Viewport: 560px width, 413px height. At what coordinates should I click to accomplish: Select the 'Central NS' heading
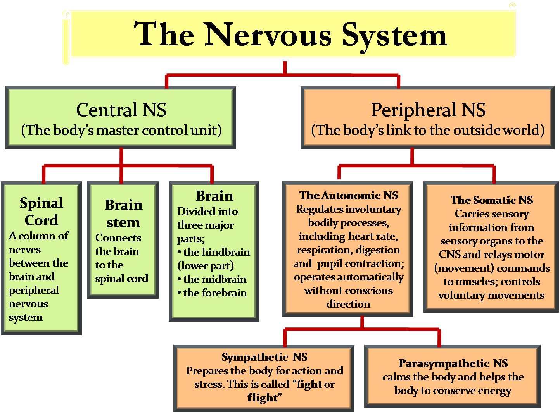pos(121,110)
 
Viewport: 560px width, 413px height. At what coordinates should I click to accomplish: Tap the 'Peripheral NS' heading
pos(428,110)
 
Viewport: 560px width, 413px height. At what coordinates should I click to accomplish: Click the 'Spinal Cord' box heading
pos(41,212)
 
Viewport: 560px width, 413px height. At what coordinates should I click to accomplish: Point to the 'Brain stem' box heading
pos(123,213)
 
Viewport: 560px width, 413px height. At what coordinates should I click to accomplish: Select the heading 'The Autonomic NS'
pos(349,195)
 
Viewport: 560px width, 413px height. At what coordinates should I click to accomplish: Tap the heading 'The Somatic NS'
pos(491,200)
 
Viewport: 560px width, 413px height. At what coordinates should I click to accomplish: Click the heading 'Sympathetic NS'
pos(264,357)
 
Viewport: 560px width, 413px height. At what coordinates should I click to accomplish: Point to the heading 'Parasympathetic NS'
pos(453,363)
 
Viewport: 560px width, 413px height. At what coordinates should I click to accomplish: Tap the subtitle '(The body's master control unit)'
pos(121,130)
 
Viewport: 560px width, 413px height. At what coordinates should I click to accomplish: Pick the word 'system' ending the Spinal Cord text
pos(26,317)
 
